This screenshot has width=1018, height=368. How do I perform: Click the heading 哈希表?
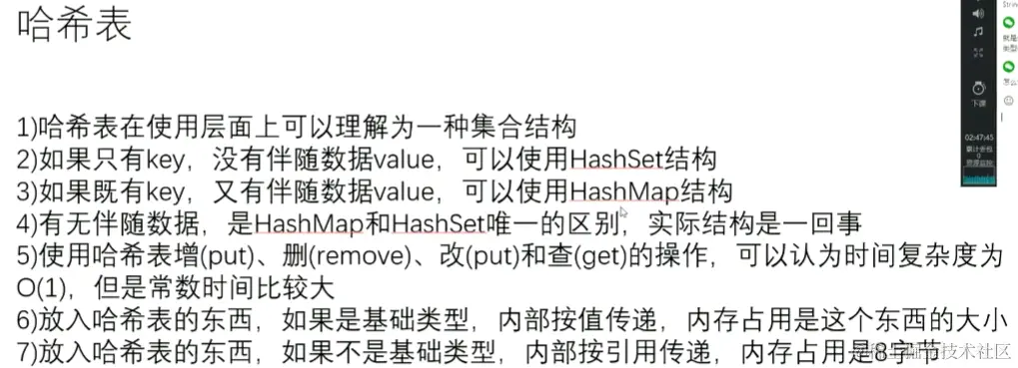coord(75,27)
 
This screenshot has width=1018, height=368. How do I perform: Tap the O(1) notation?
coord(41,286)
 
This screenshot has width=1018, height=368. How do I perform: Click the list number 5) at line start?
coord(27,254)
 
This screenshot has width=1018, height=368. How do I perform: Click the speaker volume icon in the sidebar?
coord(978,14)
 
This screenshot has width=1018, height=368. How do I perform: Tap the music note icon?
coord(978,32)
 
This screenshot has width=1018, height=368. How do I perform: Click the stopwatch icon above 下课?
coord(978,86)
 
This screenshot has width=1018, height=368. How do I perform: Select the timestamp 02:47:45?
coord(978,137)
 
